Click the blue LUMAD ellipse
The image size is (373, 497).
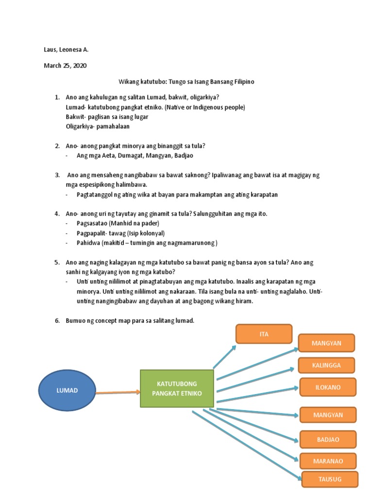point(67,390)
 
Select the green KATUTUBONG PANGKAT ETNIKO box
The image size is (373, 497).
point(177,388)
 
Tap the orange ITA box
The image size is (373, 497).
point(264,334)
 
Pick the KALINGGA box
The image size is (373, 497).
point(326,365)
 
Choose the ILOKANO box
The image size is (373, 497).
point(328,387)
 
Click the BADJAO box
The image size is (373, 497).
point(328,439)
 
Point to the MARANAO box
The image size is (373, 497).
point(328,461)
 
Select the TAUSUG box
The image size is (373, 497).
point(330,479)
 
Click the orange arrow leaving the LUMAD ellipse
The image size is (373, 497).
point(118,392)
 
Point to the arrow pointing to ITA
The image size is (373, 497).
point(224,357)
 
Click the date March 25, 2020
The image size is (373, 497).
point(65,66)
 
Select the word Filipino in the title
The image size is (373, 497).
point(244,82)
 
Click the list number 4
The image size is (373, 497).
point(57,214)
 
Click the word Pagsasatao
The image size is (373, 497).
point(92,223)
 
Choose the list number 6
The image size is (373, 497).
point(57,320)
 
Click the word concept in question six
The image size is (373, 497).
point(106,321)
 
